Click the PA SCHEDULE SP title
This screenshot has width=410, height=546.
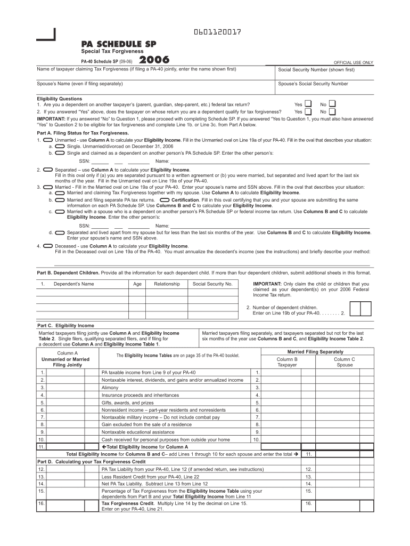tap(119, 44)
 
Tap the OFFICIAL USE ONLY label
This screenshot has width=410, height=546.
tap(353, 62)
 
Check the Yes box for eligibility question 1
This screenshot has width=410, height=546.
tap(308, 104)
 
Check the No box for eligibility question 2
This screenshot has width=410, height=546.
tap(332, 112)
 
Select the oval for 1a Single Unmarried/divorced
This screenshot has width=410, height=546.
tap(60, 146)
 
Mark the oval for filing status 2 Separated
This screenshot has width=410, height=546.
tap(48, 169)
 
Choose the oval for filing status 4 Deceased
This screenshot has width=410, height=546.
tap(48, 246)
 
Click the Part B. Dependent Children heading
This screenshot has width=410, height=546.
tap(68, 272)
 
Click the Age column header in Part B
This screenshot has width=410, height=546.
tap(137, 284)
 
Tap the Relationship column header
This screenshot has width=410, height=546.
tap(167, 284)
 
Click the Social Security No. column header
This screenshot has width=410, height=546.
tap(212, 284)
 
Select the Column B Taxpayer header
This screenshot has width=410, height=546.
tap(287, 362)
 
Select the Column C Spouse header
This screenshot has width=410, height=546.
tap(344, 362)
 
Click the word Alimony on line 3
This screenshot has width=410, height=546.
tap(110, 388)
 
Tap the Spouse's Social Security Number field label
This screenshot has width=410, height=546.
tap(313, 84)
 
